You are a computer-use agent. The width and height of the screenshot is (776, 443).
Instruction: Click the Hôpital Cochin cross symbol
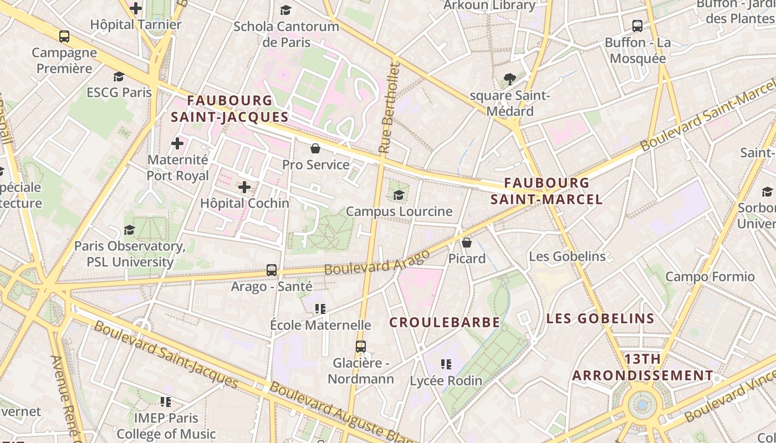point(244,187)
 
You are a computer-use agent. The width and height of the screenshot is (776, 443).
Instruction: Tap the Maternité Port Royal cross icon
point(177,144)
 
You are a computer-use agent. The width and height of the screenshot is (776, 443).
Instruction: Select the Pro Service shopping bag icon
point(315,148)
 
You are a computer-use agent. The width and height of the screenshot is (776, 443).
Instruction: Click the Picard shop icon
point(467,243)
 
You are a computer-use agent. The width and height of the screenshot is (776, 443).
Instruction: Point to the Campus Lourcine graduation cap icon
point(399,195)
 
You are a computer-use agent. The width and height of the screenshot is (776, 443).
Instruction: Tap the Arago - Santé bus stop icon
point(272,270)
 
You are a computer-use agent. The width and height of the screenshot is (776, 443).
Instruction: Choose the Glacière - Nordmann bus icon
point(361,347)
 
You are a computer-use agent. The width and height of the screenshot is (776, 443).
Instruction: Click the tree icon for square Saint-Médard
point(509,79)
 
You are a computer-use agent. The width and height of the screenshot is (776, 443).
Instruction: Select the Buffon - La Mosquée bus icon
point(637,25)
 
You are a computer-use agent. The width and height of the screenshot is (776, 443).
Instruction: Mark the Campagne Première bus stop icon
point(64,37)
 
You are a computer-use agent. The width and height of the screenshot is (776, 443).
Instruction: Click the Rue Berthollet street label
point(389,108)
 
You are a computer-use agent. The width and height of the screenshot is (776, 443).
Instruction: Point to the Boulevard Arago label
point(377,263)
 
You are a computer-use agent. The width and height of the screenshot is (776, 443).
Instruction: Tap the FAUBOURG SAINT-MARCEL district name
point(547,191)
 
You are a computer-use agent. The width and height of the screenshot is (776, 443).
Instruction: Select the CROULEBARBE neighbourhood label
point(445,322)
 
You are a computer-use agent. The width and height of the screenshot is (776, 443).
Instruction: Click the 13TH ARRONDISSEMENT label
point(642,367)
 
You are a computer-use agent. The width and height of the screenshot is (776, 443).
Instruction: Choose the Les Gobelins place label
point(567,256)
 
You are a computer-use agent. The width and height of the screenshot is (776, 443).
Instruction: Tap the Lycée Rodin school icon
point(446,364)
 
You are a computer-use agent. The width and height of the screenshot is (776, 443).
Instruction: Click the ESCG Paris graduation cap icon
point(119,76)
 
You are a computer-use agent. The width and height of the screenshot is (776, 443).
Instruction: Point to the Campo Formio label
point(709,276)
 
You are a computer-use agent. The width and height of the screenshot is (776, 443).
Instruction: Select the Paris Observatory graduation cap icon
point(130,230)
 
